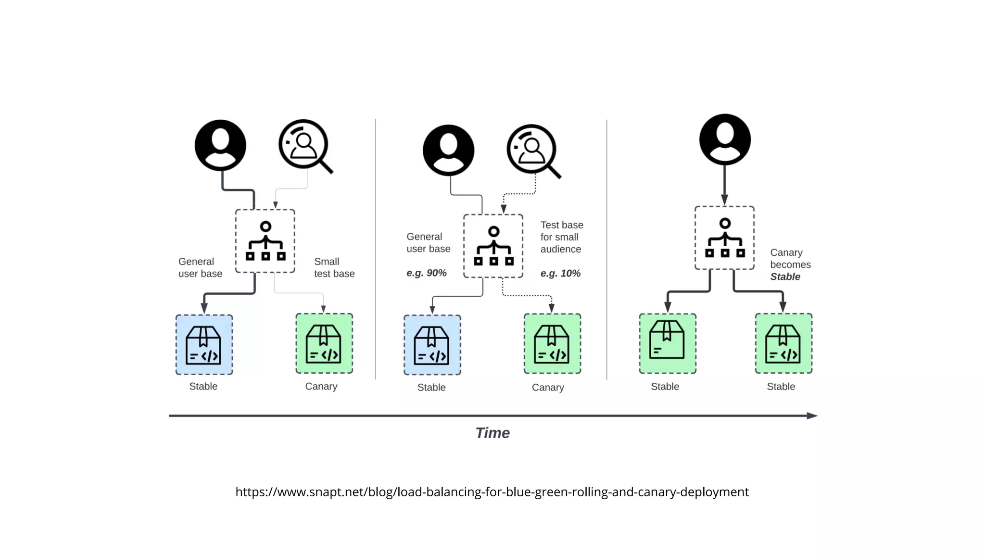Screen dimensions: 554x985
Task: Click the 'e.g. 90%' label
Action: coord(426,273)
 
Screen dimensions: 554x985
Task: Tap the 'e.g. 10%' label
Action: coord(560,274)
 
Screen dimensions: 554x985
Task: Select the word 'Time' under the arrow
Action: coord(492,433)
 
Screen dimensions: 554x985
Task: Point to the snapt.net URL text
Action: coord(492,492)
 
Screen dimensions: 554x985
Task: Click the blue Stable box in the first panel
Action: coord(204,345)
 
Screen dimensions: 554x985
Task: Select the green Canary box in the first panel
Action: coord(324,343)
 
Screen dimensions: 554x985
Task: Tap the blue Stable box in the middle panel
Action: coord(432,345)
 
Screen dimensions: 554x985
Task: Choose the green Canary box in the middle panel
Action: coord(552,343)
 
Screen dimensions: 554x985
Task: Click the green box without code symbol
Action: coord(667,343)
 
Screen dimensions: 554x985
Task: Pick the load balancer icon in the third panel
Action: coord(724,238)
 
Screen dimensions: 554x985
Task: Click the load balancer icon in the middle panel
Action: coord(493,246)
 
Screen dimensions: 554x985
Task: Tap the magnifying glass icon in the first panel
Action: coord(305,145)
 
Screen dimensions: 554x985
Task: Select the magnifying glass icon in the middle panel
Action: coord(533,151)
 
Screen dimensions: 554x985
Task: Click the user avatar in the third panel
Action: coord(725,139)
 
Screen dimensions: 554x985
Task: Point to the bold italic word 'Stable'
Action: coord(785,277)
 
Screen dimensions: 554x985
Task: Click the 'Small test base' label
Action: coord(334,267)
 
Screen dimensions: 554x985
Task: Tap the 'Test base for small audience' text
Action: coord(561,237)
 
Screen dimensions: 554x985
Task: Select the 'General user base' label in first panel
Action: coord(200,267)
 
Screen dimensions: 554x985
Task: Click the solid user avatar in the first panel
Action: coord(220,145)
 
